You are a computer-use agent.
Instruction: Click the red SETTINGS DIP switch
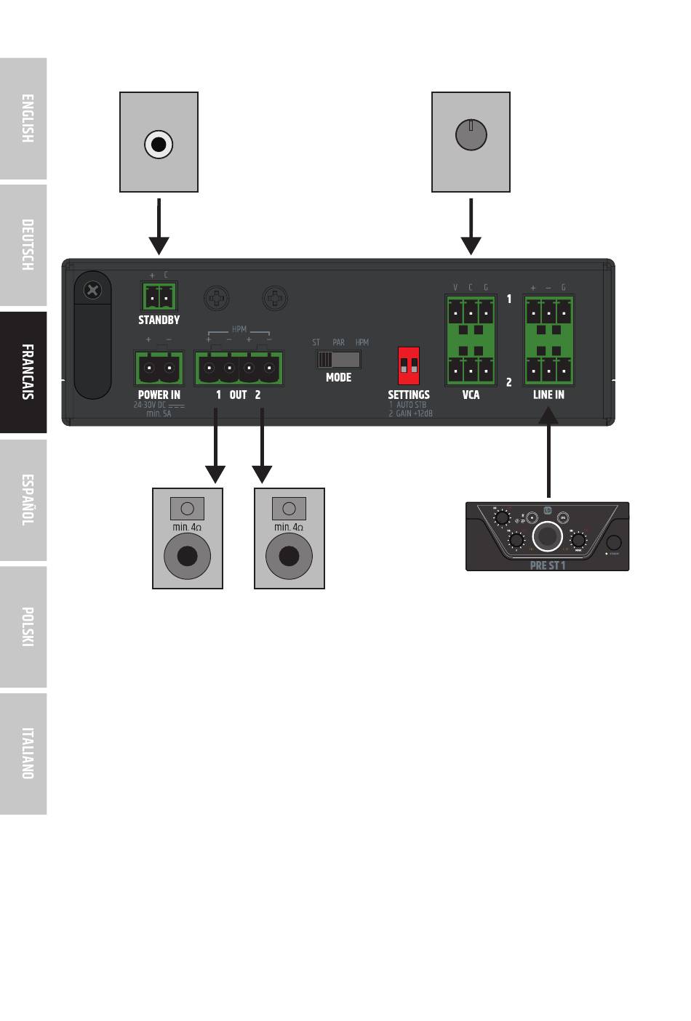coord(409,366)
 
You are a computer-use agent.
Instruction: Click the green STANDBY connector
coord(159,296)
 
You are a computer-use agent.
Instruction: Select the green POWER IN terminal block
coord(159,368)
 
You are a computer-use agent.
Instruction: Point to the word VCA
coord(471,395)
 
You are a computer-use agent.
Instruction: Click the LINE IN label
coord(548,395)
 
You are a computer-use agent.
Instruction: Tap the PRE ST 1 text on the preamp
coord(548,565)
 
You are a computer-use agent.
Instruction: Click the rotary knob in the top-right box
coord(471,134)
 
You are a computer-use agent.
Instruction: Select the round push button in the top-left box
coord(159,145)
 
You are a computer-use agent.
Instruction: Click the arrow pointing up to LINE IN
coord(548,451)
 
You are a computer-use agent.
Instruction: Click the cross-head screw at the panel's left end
coord(92,291)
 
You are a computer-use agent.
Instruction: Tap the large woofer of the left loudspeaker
coord(188,557)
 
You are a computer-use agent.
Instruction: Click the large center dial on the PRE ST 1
coord(547,537)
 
